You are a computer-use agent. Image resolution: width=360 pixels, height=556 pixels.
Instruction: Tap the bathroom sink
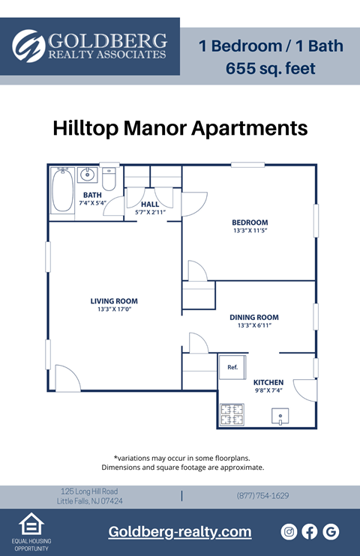tap(88, 177)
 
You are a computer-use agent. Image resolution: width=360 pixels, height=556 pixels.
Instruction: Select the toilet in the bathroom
tap(109, 180)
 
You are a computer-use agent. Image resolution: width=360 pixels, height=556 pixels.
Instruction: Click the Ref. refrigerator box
tap(232, 367)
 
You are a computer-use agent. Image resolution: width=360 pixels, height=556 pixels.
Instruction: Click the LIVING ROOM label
tap(113, 301)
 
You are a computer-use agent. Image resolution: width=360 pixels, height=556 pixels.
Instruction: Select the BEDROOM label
tap(250, 223)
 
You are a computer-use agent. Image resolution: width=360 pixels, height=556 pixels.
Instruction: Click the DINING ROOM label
tap(253, 317)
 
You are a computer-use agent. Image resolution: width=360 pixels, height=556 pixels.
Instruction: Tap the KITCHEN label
tap(268, 382)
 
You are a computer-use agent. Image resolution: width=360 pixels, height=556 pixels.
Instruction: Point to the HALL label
tap(150, 204)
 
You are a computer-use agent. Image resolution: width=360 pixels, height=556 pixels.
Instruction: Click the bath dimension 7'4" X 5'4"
tap(92, 203)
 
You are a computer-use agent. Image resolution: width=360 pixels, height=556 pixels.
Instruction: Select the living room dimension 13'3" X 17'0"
tap(113, 309)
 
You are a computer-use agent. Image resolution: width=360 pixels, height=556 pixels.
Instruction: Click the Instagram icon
tap(289, 531)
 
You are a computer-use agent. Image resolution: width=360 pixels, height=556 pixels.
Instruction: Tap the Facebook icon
tap(310, 531)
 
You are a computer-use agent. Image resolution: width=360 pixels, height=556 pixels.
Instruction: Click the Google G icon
tap(331, 531)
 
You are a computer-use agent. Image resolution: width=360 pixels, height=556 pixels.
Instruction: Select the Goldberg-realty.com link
tap(180, 532)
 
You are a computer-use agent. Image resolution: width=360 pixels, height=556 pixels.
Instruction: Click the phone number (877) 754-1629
tap(262, 495)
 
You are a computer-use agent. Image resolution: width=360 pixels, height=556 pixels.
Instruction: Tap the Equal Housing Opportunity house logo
tap(31, 523)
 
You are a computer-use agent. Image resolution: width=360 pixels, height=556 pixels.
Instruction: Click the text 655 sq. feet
tap(271, 69)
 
